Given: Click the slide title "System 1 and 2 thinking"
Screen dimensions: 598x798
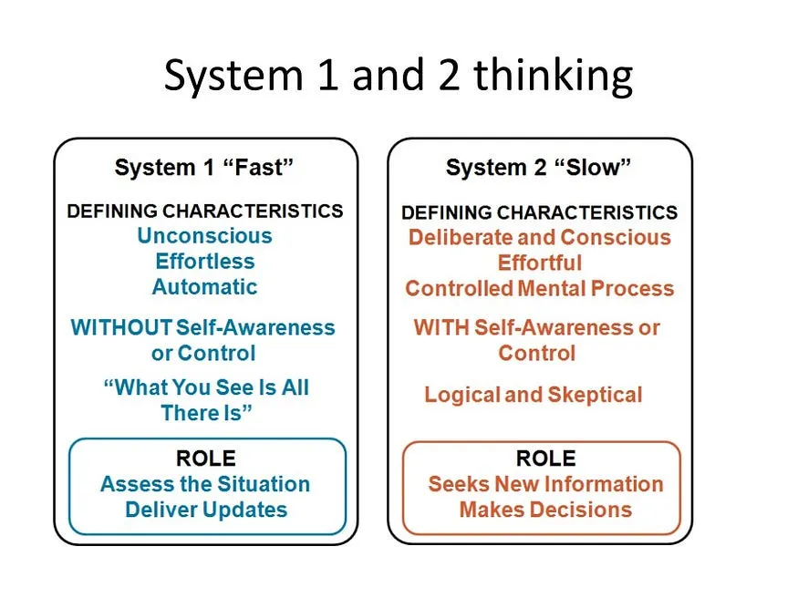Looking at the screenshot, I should click(x=398, y=76).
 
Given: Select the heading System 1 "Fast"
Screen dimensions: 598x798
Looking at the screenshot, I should click(x=204, y=168).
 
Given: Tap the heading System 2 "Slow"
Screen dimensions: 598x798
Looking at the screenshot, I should click(x=538, y=168).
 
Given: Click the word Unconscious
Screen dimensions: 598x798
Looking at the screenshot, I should click(x=204, y=236).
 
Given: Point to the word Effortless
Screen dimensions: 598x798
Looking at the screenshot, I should click(x=204, y=262).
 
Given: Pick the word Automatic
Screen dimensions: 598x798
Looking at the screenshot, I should click(x=204, y=287).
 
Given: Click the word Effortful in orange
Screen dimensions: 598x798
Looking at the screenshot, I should click(x=539, y=263).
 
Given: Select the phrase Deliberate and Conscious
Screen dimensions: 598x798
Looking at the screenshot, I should click(x=539, y=238).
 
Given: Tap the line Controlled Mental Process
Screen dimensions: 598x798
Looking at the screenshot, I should click(x=539, y=289).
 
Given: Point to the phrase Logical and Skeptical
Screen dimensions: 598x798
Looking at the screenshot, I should click(x=534, y=396).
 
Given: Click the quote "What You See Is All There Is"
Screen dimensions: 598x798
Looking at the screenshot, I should click(x=206, y=400).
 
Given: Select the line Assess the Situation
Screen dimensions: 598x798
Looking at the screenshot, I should click(x=205, y=484).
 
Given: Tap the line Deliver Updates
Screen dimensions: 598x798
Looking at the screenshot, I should click(x=206, y=510).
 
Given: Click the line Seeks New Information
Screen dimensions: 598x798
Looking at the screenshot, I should click(x=545, y=484).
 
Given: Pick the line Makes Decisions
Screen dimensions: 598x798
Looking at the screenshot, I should click(x=545, y=510).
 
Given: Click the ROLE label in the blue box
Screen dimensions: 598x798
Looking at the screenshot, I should click(x=205, y=459).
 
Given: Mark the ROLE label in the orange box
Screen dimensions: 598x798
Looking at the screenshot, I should click(x=545, y=459).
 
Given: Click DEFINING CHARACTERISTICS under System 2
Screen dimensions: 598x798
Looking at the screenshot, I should click(x=539, y=213).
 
